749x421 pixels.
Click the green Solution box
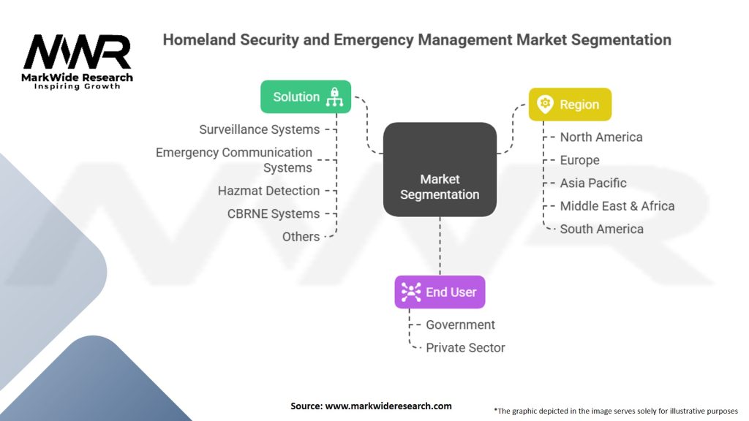(306, 97)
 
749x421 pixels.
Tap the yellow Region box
(570, 104)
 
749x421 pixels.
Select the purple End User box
(440, 292)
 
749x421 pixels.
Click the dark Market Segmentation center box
(440, 170)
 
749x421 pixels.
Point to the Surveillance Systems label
(260, 129)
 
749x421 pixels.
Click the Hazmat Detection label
(268, 191)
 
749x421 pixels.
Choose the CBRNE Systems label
(274, 213)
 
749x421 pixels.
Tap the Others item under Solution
(301, 236)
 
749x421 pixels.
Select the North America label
(601, 137)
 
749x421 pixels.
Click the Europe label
(579, 160)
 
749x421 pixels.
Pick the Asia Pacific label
(592, 183)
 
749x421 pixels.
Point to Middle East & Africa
(617, 205)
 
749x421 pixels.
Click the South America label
(601, 229)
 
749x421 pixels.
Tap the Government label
(461, 325)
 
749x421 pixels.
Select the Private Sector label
(465, 347)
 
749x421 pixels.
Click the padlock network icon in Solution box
(334, 97)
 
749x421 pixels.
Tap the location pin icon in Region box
(545, 104)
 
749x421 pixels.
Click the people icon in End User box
(411, 292)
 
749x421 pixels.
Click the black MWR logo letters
(77, 52)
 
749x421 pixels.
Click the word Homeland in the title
(199, 39)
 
